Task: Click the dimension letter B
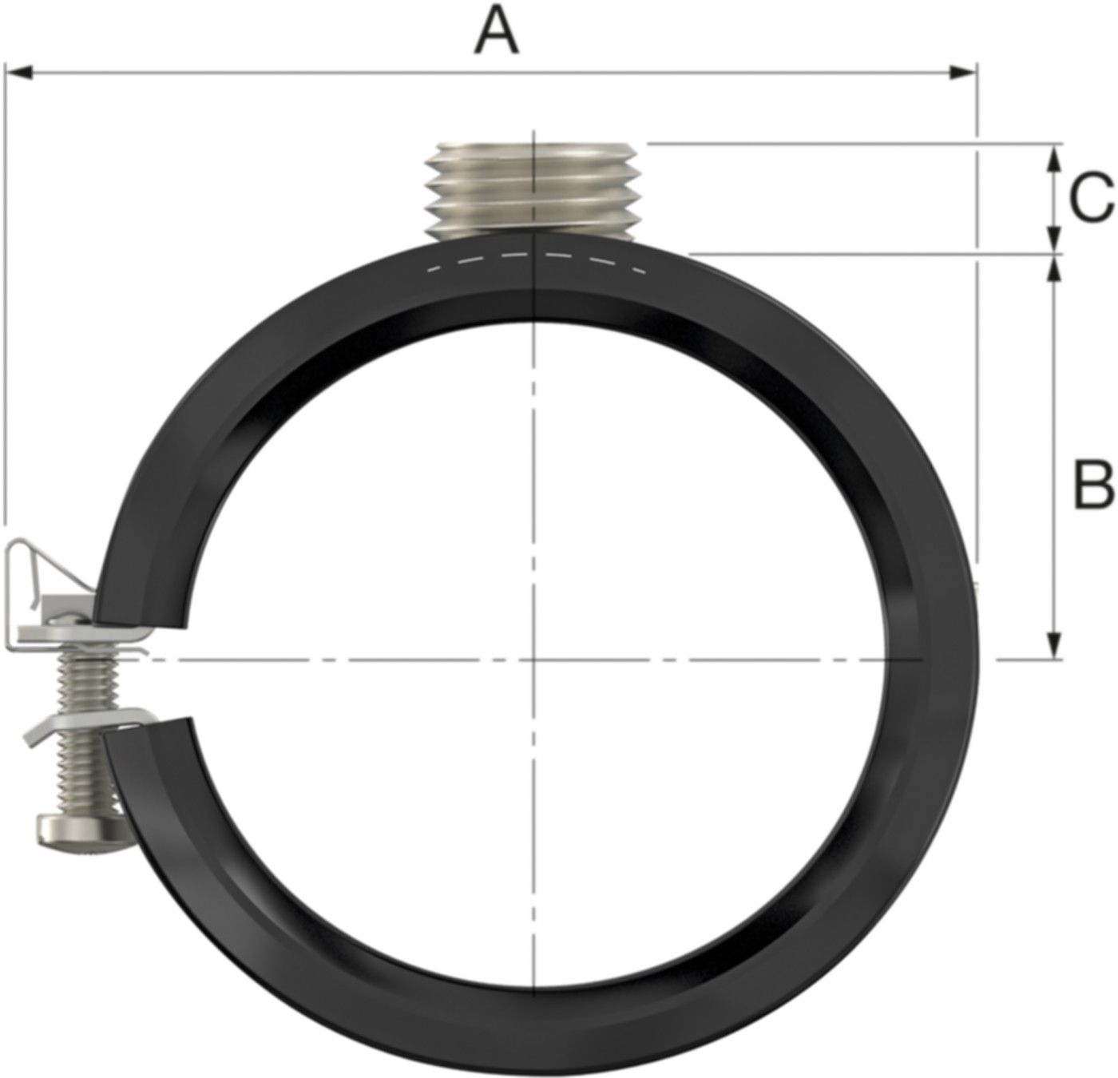tap(1092, 484)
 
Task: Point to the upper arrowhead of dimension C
tap(1055, 155)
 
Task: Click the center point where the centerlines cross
tap(533, 660)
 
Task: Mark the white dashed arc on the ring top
tap(535, 257)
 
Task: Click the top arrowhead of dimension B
tap(1055, 268)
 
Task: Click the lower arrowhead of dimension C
tap(1055, 241)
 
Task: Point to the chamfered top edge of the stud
tap(532, 147)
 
